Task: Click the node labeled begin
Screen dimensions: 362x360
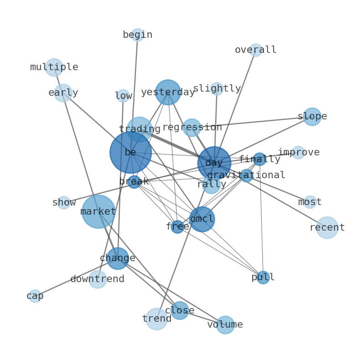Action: tap(138, 35)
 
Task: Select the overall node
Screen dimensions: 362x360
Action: tap(256, 50)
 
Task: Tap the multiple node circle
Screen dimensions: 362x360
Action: tap(54, 67)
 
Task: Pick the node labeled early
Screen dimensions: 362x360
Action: tap(63, 93)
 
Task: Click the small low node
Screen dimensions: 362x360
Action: tap(123, 96)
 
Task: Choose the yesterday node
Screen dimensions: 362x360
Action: tap(168, 93)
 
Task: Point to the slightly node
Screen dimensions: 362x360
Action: tap(217, 88)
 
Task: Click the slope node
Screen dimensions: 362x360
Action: tap(312, 117)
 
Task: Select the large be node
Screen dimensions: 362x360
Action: tap(131, 153)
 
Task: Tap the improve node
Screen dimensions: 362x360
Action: tap(298, 152)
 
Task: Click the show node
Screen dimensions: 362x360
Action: tap(64, 203)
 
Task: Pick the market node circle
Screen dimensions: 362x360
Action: tap(98, 211)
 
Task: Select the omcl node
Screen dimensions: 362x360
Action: tap(202, 219)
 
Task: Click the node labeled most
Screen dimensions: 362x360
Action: tap(310, 202)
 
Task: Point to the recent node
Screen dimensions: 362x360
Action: tap(327, 227)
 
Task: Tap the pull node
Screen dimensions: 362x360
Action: tap(263, 278)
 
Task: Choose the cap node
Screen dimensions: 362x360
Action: tap(35, 296)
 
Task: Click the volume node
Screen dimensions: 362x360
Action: tap(225, 325)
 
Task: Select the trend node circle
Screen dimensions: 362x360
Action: tap(157, 319)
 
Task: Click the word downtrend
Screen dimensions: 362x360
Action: tap(97, 279)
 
